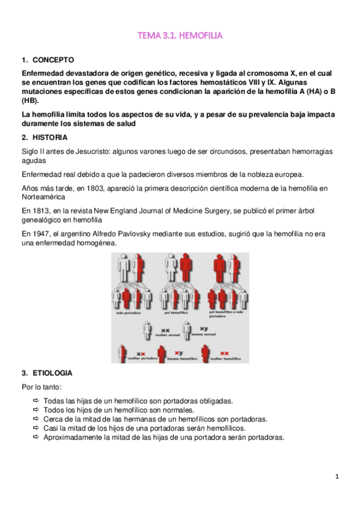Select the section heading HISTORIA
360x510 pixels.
(51, 137)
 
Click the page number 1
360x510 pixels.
(338, 476)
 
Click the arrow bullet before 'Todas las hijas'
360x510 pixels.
(37, 400)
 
